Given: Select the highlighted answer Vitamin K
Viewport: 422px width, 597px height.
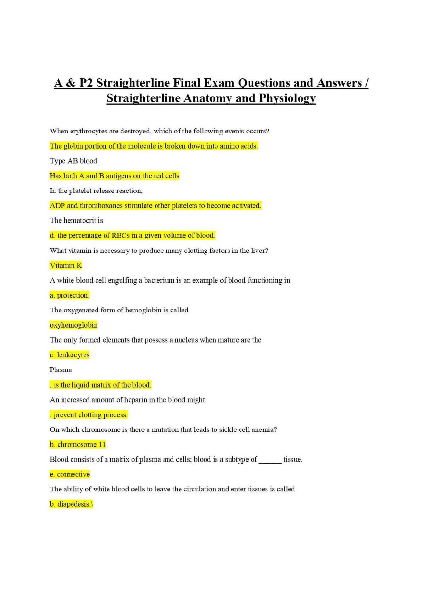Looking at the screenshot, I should click(66, 266).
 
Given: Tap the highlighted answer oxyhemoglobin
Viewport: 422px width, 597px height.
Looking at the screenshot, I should click(73, 325).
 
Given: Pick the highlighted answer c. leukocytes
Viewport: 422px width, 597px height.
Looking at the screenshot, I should click(70, 355).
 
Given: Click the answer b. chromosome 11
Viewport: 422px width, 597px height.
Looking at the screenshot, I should click(78, 445).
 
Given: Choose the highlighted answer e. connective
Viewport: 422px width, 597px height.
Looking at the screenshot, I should click(70, 474).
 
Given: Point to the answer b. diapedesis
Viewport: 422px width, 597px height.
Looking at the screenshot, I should click(71, 504).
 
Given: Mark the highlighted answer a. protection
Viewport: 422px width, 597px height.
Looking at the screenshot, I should click(70, 295).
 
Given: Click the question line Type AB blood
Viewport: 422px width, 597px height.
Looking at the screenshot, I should click(73, 161).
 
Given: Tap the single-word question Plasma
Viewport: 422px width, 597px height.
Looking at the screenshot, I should click(61, 370).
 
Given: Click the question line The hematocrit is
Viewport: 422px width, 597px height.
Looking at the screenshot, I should click(76, 221).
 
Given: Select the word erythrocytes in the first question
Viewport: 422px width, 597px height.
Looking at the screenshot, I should click(89, 131).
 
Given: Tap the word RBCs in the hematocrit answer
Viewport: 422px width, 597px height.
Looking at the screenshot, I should click(121, 235).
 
